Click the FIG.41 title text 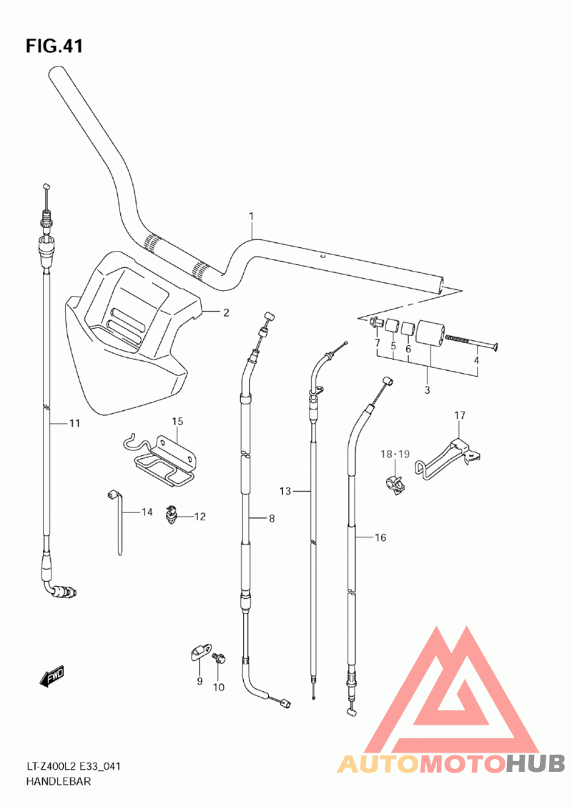54,46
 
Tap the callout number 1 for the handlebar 252,216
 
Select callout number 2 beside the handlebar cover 226,312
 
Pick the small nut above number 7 376,323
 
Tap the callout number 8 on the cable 272,519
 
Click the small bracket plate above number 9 199,652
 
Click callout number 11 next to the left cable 75,424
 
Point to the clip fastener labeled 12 171,515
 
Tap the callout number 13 285,491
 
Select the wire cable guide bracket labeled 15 161,460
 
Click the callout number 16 380,537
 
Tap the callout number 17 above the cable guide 460,415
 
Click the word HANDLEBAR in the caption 59,782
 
